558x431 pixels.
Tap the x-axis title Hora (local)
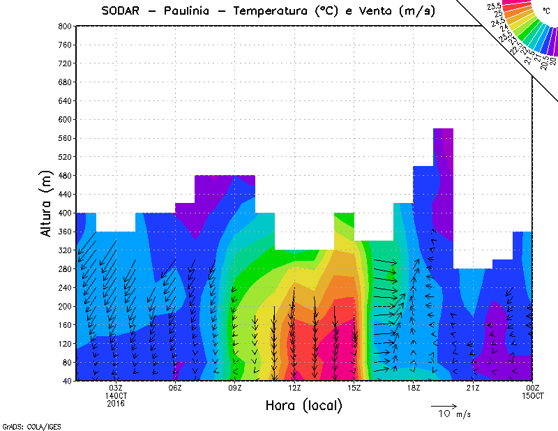click(x=303, y=405)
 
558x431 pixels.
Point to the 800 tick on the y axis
click(x=65, y=26)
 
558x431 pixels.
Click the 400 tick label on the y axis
click(x=65, y=213)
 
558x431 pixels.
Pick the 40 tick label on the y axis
click(x=67, y=381)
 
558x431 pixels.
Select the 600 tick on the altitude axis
click(x=65, y=119)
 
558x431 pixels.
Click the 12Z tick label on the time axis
click(x=295, y=388)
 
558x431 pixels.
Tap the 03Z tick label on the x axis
click(x=116, y=388)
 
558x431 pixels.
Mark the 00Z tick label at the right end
click(x=534, y=388)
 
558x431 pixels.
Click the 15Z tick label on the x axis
click(x=354, y=388)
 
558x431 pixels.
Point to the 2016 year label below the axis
click(x=116, y=403)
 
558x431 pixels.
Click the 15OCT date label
click(x=534, y=395)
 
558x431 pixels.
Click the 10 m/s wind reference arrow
click(x=444, y=405)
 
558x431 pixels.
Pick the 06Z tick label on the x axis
click(x=175, y=388)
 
